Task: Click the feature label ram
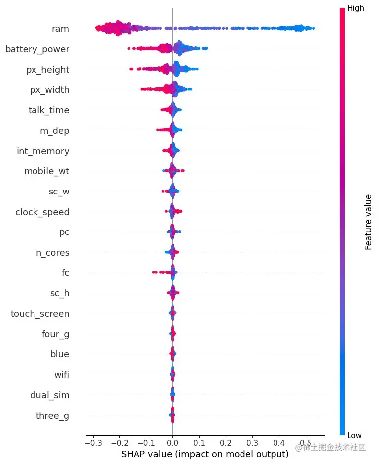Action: [x=60, y=29]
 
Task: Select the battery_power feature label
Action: [x=37, y=49]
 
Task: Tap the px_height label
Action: [x=47, y=70]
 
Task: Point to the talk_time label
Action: [x=49, y=110]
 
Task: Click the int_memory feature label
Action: [x=43, y=151]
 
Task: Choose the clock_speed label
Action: [x=42, y=212]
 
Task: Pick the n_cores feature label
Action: [x=52, y=253]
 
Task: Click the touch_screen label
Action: [x=40, y=314]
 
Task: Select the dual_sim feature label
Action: [x=49, y=395]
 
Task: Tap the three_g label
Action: [x=52, y=415]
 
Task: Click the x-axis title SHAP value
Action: [x=205, y=454]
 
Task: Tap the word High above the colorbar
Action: [x=356, y=8]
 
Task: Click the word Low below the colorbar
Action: [x=355, y=435]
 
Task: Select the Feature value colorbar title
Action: [x=368, y=222]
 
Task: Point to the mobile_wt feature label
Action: [x=46, y=171]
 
